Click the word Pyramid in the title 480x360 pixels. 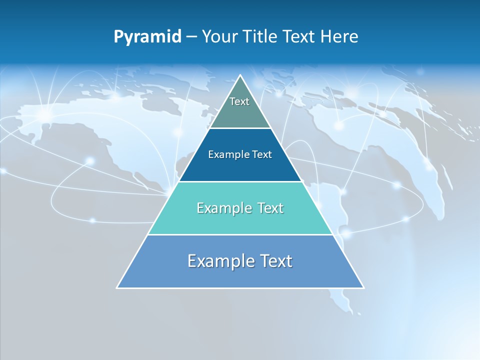[x=147, y=37]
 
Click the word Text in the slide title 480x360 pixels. [x=299, y=37]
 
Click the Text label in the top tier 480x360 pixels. [x=239, y=101]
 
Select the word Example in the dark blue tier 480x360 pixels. [x=227, y=155]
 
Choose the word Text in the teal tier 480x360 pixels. [x=268, y=208]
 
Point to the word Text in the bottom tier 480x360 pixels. [x=273, y=261]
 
